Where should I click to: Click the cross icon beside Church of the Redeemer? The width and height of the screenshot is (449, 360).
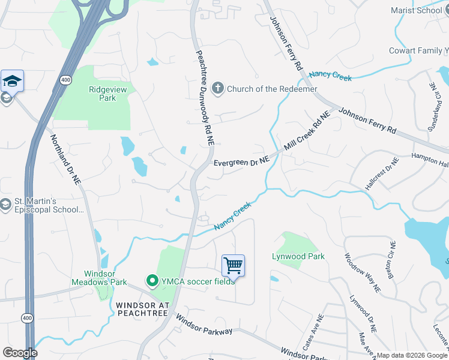[x=217, y=89]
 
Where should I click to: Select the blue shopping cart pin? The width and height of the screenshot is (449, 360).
[x=233, y=265]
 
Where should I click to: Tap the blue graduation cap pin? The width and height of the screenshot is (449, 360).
[x=12, y=81]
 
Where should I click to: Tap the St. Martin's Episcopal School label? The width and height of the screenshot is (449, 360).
[x=50, y=205]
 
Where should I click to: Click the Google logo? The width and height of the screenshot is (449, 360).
[x=20, y=353]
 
